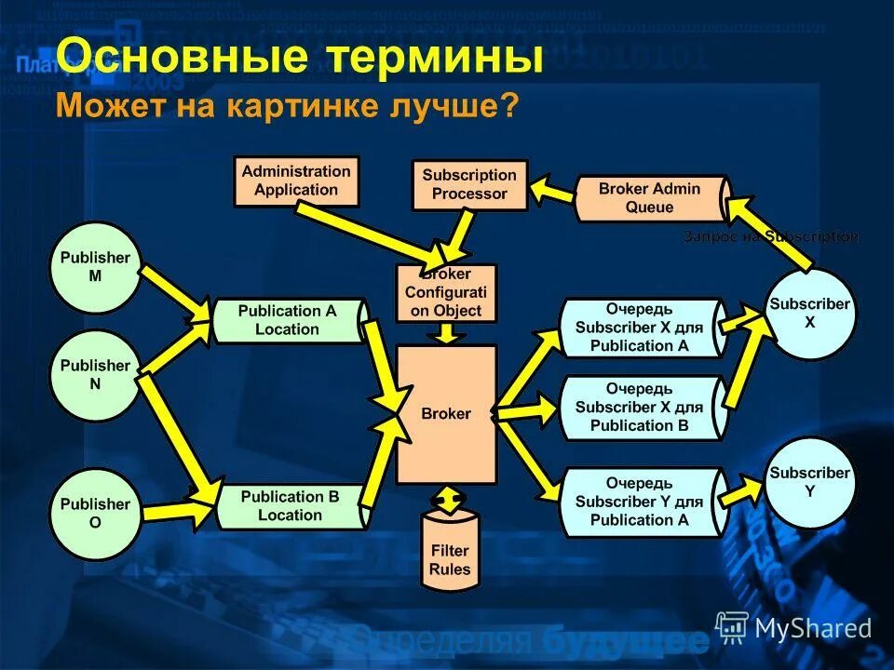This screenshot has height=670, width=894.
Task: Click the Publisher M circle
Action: click(x=95, y=267)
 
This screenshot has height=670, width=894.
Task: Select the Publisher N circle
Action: click(x=95, y=375)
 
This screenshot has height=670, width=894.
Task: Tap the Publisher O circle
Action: click(x=95, y=514)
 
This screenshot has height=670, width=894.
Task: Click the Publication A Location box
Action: click(x=287, y=320)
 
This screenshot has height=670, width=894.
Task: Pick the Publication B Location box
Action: click(x=289, y=505)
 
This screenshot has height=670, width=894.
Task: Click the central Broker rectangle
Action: click(x=446, y=414)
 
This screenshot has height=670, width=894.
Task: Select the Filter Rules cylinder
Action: click(x=451, y=556)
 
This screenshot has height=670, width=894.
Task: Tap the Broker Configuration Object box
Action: click(x=446, y=293)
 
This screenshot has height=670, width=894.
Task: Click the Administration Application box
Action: click(x=296, y=181)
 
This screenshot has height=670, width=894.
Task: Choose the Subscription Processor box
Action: click(x=469, y=184)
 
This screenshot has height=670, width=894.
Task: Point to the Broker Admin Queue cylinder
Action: click(x=650, y=198)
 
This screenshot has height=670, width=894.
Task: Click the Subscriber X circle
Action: click(x=809, y=313)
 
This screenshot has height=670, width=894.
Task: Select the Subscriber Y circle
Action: click(x=809, y=482)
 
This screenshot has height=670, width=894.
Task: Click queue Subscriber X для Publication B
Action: click(x=641, y=408)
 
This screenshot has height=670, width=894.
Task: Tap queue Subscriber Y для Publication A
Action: click(x=641, y=502)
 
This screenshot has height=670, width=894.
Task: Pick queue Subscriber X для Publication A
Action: click(x=641, y=328)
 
